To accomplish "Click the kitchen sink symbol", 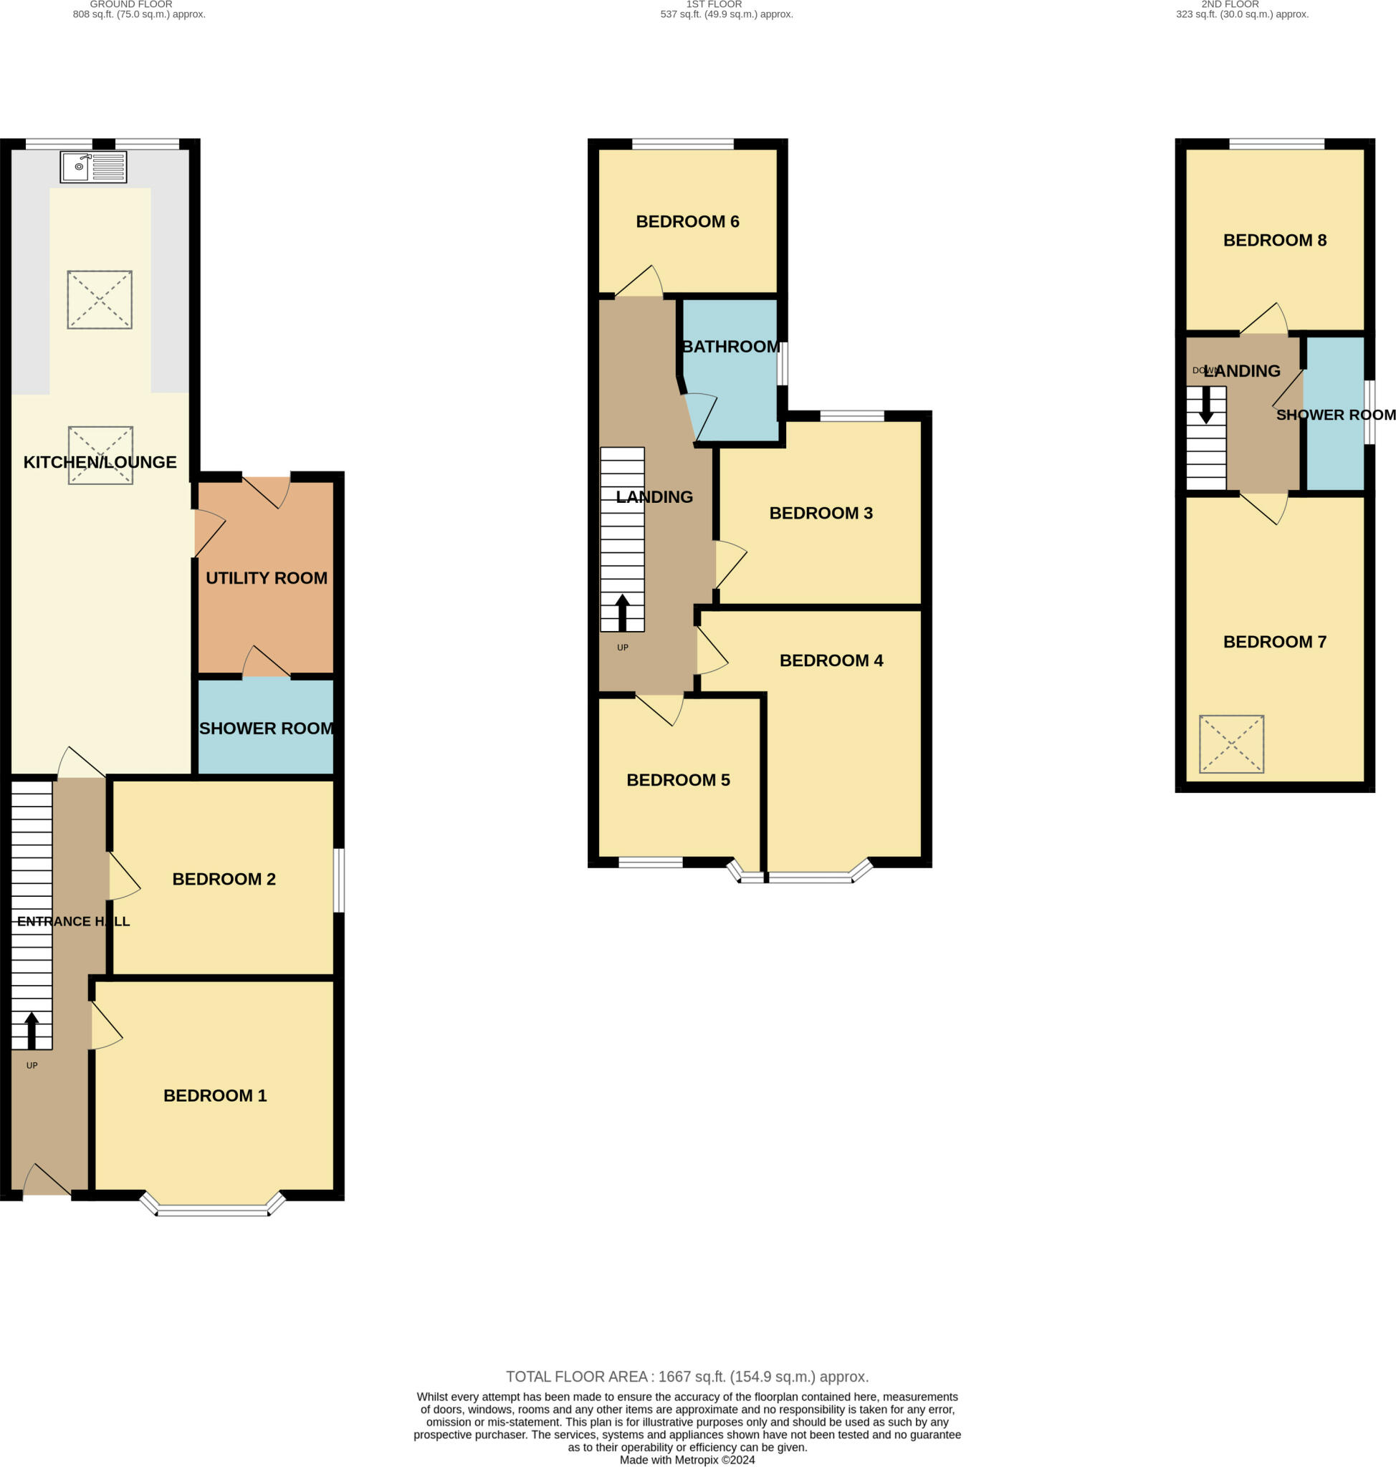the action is click(x=94, y=167).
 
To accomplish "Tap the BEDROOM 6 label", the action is click(x=687, y=221).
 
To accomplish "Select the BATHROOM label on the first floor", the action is click(x=732, y=347).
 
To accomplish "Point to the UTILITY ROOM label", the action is click(x=267, y=578).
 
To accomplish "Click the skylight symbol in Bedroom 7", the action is click(x=1232, y=744).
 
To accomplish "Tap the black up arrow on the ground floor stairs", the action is click(x=32, y=1030).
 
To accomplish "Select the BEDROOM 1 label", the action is click(x=215, y=1096).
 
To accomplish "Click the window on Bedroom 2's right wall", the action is click(x=338, y=880).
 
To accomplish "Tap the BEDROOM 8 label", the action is click(x=1275, y=240).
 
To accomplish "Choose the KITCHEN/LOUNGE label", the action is click(x=100, y=462).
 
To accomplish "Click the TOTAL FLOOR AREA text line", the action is click(x=687, y=1377).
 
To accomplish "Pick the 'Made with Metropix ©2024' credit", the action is click(x=687, y=1461).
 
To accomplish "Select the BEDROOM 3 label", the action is click(x=821, y=514).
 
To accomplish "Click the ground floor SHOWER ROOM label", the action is click(x=267, y=728).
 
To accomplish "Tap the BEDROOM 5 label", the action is click(x=678, y=780).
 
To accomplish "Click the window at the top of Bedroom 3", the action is click(x=852, y=416).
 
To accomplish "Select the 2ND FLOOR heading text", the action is click(x=1230, y=4).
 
